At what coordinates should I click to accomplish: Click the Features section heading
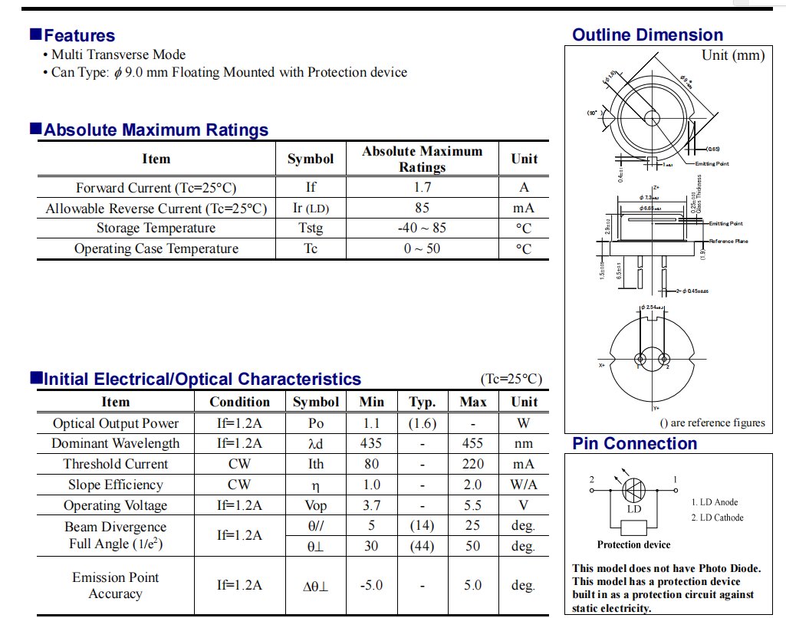(x=79, y=35)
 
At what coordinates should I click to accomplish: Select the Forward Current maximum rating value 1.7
(x=422, y=187)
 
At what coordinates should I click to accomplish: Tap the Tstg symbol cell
(x=311, y=228)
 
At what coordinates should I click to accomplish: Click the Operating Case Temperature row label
(x=156, y=248)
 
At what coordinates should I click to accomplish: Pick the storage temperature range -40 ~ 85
(x=422, y=228)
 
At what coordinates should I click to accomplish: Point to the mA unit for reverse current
(x=524, y=208)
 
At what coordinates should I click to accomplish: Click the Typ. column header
(x=423, y=402)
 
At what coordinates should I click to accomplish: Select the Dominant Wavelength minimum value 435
(x=371, y=443)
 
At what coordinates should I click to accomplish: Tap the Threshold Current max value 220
(x=473, y=464)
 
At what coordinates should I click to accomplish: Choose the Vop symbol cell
(x=316, y=505)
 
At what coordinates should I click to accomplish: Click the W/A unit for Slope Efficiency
(x=524, y=485)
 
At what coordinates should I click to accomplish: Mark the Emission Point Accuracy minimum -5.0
(x=371, y=585)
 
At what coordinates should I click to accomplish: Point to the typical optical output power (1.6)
(x=423, y=423)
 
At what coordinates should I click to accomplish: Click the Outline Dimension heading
(x=647, y=35)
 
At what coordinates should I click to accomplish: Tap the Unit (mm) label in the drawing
(x=733, y=55)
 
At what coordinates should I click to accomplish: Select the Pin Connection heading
(x=634, y=444)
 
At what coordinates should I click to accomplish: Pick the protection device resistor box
(x=633, y=528)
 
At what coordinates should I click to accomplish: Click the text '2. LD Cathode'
(x=717, y=518)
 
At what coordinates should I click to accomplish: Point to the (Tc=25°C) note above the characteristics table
(x=511, y=380)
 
